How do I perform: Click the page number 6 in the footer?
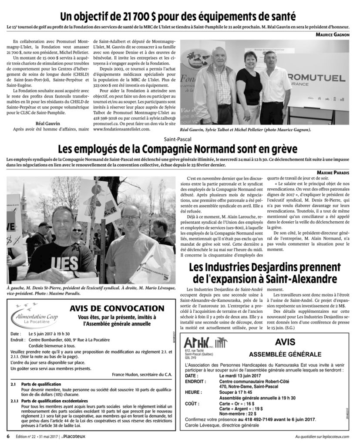pyautogui.click(x=8, y=436)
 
